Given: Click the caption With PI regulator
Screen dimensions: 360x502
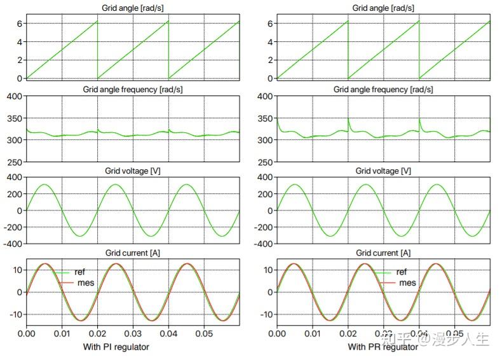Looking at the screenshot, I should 116,347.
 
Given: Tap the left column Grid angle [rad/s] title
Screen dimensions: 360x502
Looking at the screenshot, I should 133,8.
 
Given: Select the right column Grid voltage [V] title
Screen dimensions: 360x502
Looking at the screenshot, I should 383,171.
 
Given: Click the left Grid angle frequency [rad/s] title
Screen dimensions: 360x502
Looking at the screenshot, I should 133,90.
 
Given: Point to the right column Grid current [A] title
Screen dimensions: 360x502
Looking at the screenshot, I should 383,253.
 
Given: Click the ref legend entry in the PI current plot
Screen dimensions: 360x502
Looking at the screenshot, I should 79,272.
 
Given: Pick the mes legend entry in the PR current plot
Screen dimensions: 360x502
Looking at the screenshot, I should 407,282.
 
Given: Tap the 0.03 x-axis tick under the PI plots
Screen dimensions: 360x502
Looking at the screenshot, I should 133,333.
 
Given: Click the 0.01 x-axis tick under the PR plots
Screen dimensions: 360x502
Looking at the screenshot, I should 312,333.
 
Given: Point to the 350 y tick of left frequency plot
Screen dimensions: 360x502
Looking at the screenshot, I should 13,118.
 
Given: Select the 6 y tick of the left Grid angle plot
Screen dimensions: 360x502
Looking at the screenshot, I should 19,24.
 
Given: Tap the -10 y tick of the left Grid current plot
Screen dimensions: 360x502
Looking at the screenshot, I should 15,314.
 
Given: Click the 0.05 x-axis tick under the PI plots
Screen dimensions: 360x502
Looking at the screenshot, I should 204,333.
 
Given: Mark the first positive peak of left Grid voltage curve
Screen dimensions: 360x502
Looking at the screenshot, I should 44,184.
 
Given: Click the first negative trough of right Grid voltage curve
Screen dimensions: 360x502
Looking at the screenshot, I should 330,236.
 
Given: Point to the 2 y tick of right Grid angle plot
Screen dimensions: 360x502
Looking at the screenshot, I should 270,60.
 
